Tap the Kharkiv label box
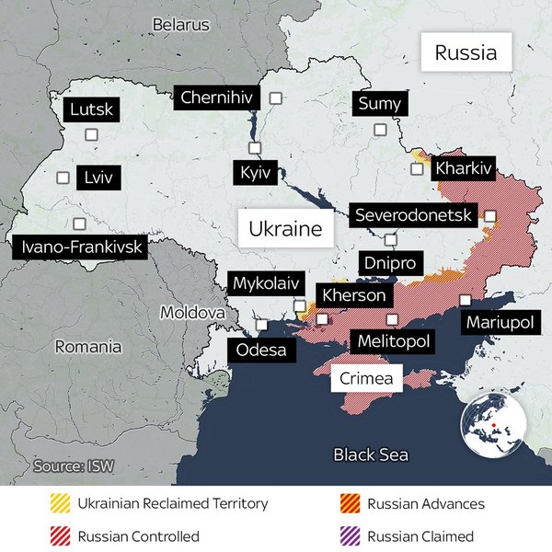(x=465, y=168)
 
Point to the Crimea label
(x=366, y=378)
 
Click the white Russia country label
(x=466, y=52)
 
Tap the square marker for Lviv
(x=63, y=178)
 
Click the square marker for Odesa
(x=263, y=325)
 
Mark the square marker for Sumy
(x=379, y=131)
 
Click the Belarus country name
(x=181, y=25)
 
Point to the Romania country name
(x=87, y=347)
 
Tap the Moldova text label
(x=192, y=313)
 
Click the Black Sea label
(x=371, y=454)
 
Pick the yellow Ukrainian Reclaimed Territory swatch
(x=61, y=504)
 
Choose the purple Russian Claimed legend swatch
(x=351, y=536)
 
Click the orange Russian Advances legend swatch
(x=351, y=504)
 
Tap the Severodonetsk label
(x=413, y=215)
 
